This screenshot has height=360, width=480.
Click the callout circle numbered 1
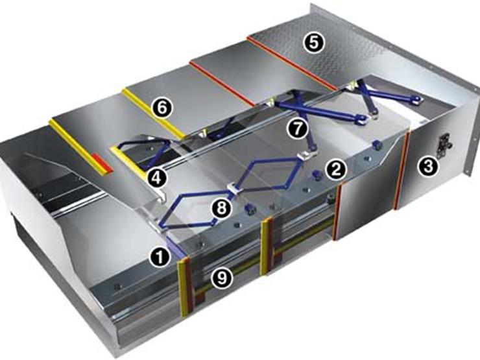[x=160, y=257]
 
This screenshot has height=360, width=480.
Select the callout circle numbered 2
[x=336, y=169]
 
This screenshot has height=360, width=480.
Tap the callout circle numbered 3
[x=427, y=167]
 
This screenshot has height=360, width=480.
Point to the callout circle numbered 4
[x=156, y=178]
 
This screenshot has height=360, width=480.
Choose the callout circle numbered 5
[x=315, y=43]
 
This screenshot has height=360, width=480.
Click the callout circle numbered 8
[x=221, y=208]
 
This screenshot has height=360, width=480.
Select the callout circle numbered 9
[x=222, y=278]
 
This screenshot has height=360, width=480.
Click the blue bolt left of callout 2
[x=317, y=175]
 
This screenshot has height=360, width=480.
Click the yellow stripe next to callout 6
[x=152, y=114]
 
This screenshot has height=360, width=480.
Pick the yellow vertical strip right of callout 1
[x=182, y=287]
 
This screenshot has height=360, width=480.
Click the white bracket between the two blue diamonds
[x=234, y=189]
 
